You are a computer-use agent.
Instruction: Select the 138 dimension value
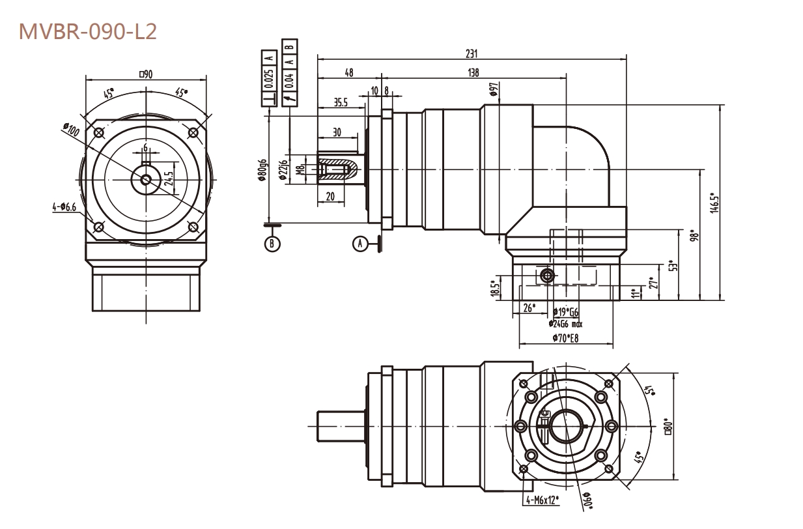(x=473, y=73)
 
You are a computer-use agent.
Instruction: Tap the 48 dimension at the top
(x=349, y=73)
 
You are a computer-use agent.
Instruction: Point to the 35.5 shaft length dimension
(x=340, y=102)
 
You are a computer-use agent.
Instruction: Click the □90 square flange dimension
(x=145, y=74)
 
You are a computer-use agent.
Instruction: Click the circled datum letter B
(x=272, y=244)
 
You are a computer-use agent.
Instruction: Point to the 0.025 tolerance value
(x=271, y=78)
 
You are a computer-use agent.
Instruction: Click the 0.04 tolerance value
(x=289, y=79)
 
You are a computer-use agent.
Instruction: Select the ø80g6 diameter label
(x=262, y=172)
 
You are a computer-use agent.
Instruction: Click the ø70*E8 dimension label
(x=567, y=337)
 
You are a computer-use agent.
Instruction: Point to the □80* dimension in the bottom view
(x=666, y=427)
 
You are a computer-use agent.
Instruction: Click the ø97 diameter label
(x=495, y=89)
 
